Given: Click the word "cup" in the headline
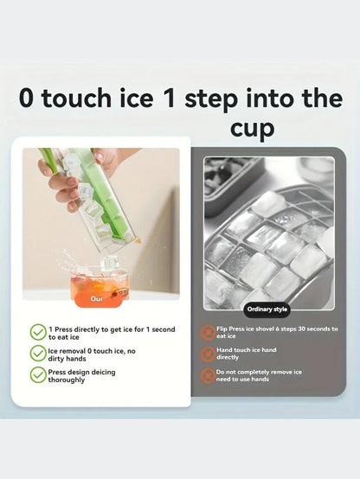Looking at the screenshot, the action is coord(252,129).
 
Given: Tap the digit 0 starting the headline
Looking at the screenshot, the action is coord(26,98).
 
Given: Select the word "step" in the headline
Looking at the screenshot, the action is coord(211,99).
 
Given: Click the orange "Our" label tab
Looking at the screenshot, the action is coord(97,299).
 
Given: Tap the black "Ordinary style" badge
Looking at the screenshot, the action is coord(267,310).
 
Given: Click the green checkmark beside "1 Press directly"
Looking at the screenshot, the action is coord(38,332).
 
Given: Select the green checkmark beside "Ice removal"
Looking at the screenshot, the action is coord(38,354).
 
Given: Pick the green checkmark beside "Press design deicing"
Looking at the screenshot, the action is coord(38,375).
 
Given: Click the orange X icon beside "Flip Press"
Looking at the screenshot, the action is coord(208,332).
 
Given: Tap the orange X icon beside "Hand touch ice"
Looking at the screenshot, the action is coord(208,354).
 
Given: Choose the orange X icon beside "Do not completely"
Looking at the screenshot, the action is coord(208,376).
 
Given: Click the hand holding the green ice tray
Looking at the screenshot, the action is coord(66,180).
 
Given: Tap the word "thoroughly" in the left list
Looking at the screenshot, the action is coord(66,380).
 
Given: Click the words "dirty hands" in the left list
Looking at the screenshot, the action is coord(67,359).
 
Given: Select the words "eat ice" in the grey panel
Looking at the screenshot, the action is coord(226,336).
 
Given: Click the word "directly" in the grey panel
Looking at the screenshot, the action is coord(228,357).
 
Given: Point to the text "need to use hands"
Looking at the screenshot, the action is coord(242,379).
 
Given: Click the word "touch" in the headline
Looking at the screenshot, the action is coord(76,98).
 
